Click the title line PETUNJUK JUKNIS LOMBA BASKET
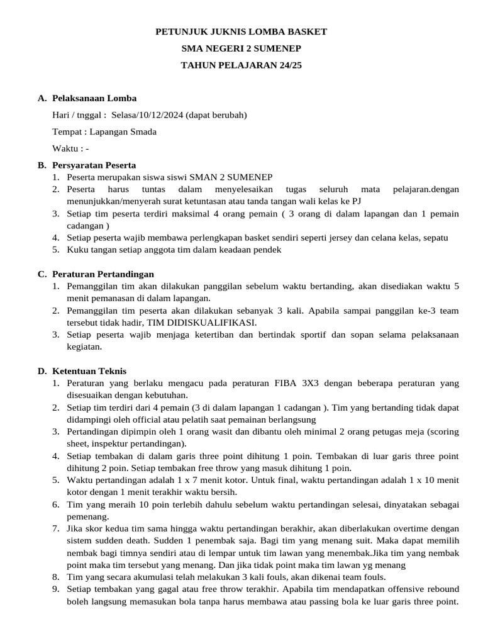241,31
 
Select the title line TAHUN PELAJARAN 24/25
241,65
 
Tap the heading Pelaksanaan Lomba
94,98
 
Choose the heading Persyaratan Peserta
94,165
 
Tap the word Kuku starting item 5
77,249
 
